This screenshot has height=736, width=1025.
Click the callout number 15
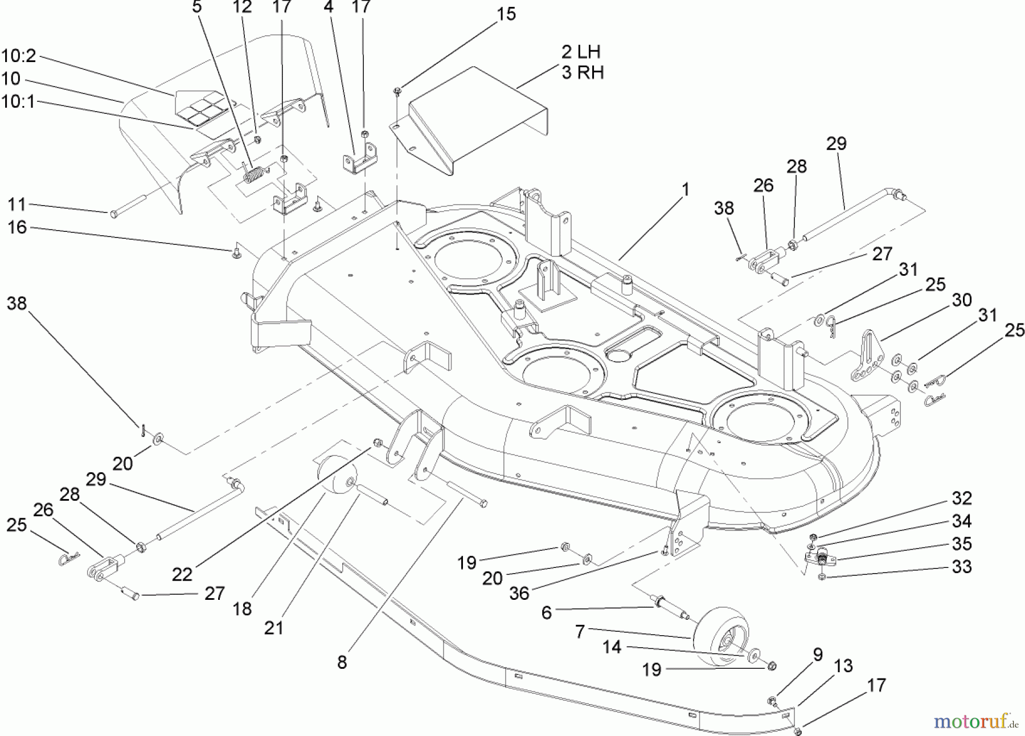(x=506, y=14)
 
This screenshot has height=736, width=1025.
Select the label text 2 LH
(x=581, y=52)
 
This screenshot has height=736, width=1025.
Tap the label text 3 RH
(x=582, y=73)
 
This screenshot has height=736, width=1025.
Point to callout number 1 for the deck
(x=685, y=189)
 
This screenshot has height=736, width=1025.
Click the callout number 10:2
(x=18, y=56)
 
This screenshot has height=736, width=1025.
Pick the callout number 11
(x=17, y=205)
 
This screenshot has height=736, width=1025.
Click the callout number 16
(x=17, y=227)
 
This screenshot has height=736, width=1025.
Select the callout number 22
(x=182, y=574)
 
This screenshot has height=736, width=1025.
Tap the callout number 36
(x=519, y=593)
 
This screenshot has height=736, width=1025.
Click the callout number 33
(x=962, y=567)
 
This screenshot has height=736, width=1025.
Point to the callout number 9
(x=818, y=655)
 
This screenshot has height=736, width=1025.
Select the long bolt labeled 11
(x=128, y=205)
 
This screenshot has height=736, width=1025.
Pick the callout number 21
(x=273, y=628)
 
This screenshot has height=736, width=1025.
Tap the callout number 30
(x=962, y=300)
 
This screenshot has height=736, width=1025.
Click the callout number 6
(x=547, y=613)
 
